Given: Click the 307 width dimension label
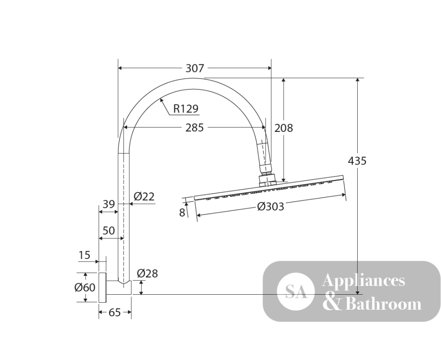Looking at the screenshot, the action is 194,68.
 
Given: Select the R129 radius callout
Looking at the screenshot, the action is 186,109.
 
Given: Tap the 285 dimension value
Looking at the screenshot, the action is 194,128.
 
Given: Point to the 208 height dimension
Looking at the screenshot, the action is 284,128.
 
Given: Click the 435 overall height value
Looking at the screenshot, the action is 357,161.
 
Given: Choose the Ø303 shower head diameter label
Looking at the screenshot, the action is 271,206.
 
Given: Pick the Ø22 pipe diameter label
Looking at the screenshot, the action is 144,196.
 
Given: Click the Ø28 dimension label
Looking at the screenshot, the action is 147,273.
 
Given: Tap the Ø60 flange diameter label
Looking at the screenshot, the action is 85,287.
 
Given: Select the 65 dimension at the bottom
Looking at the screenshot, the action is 115,312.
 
